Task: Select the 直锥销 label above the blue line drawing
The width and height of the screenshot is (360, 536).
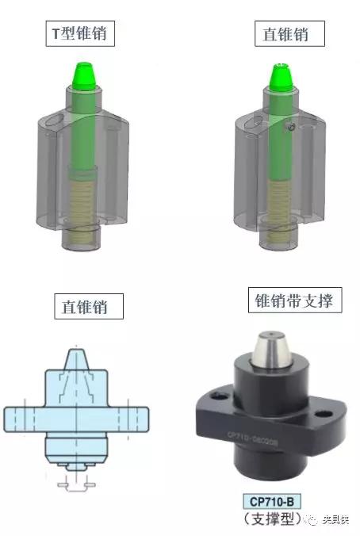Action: click(x=91, y=305)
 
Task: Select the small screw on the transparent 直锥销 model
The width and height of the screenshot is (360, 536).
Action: click(x=292, y=126)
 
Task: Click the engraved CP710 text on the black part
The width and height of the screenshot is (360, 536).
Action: click(x=253, y=435)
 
